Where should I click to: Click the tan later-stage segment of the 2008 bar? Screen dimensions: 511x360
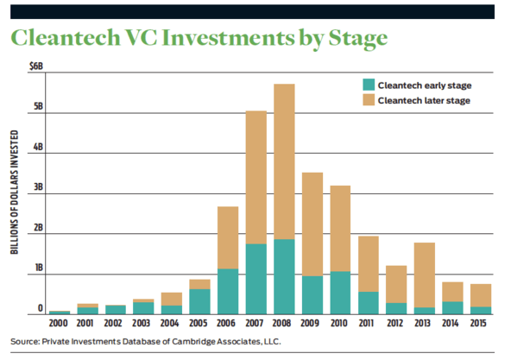click(284, 161)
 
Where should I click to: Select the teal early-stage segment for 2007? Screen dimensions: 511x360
click(256, 279)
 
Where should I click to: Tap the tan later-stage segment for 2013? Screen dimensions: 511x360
click(425, 275)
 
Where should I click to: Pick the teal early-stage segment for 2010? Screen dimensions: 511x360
click(340, 293)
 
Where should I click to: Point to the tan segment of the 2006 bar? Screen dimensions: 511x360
click(228, 237)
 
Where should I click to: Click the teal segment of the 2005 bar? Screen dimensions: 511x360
click(199, 302)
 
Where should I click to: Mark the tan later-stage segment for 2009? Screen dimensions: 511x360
click(312, 224)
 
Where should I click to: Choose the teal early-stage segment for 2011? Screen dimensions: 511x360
click(369, 303)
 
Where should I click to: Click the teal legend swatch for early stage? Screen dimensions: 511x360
click(369, 85)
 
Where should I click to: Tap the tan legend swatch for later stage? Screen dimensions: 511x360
click(369, 100)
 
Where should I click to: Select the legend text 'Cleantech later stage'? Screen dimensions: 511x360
click(424, 100)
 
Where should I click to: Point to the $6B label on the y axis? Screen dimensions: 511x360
click(36, 66)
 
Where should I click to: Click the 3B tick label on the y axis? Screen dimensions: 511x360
click(39, 186)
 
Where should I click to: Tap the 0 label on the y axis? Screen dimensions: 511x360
click(40, 308)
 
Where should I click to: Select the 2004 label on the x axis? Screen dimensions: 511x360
click(169, 323)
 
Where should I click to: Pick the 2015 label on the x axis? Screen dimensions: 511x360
click(478, 323)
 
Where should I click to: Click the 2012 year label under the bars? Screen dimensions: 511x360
click(395, 323)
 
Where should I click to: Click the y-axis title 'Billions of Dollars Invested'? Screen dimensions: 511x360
click(15, 193)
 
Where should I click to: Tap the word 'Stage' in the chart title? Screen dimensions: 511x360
click(358, 39)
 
